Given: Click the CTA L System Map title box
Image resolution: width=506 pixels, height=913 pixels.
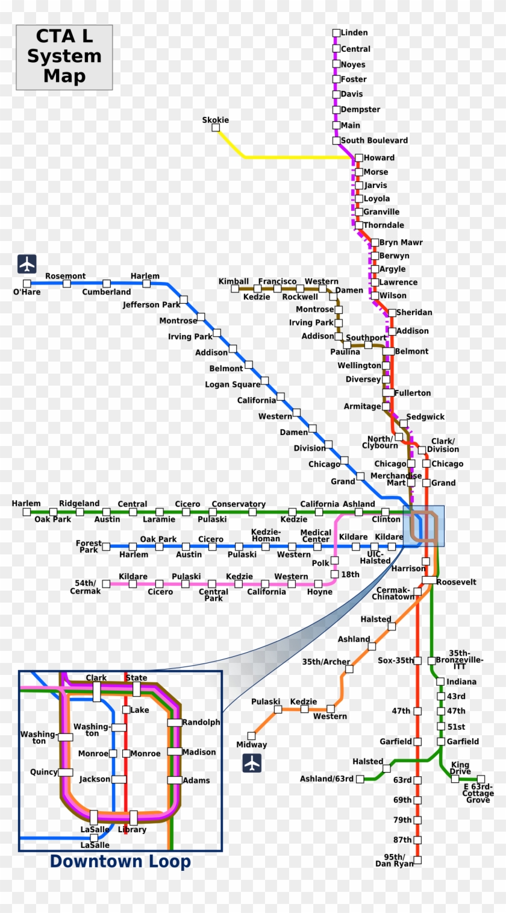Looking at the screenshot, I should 64,57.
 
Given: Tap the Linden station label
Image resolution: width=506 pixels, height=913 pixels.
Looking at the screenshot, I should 354,33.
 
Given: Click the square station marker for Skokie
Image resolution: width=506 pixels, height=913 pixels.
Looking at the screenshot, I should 216,128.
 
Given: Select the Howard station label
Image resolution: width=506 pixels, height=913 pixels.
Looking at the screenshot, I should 379,158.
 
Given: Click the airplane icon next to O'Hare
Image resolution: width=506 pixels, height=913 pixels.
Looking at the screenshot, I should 27,263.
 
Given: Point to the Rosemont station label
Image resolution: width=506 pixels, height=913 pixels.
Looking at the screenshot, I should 65,276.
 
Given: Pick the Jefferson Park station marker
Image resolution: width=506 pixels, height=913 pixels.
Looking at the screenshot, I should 184,300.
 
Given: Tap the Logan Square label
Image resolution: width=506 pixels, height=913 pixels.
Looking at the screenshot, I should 233,384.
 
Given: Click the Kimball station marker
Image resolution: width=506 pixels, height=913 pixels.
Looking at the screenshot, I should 235,289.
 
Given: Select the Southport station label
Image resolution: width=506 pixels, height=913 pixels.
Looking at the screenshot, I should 366,337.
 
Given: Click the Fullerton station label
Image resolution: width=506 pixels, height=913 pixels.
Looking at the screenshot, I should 413,393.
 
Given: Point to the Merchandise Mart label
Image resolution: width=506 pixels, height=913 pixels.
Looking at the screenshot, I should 396,479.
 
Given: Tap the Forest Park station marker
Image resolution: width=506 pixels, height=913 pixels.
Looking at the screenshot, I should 106,547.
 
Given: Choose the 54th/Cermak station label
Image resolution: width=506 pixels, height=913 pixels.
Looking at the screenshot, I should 85,587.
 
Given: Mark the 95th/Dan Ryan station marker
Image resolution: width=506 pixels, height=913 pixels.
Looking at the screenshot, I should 417,860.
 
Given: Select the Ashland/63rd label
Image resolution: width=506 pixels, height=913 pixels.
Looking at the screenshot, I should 326,779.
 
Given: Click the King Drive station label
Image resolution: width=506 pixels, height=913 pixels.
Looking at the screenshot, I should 461,768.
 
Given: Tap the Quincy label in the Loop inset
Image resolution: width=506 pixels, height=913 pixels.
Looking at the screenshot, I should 44,772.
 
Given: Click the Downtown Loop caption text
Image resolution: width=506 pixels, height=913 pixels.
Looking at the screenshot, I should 120,862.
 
